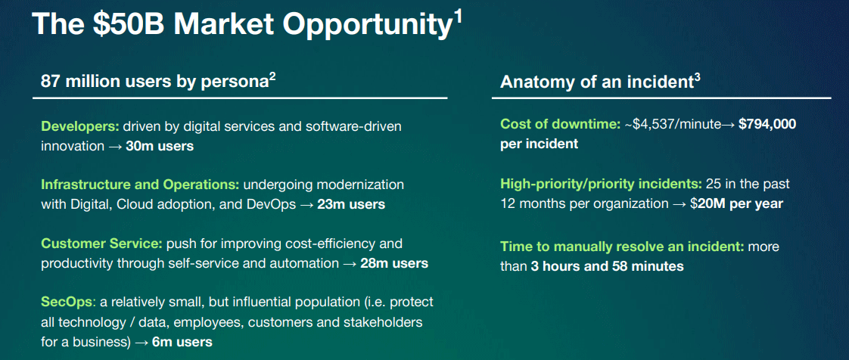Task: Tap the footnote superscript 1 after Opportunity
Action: (x=458, y=17)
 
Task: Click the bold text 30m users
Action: (x=160, y=146)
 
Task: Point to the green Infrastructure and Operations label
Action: (x=140, y=185)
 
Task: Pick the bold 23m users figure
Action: (x=351, y=204)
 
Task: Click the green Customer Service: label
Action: (x=101, y=244)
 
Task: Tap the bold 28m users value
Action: (x=393, y=263)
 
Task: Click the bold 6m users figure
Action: (x=182, y=342)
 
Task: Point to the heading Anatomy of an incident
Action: (x=596, y=82)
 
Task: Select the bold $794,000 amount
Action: (x=767, y=125)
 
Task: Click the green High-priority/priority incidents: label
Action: (x=601, y=184)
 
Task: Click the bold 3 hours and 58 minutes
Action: (x=607, y=266)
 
